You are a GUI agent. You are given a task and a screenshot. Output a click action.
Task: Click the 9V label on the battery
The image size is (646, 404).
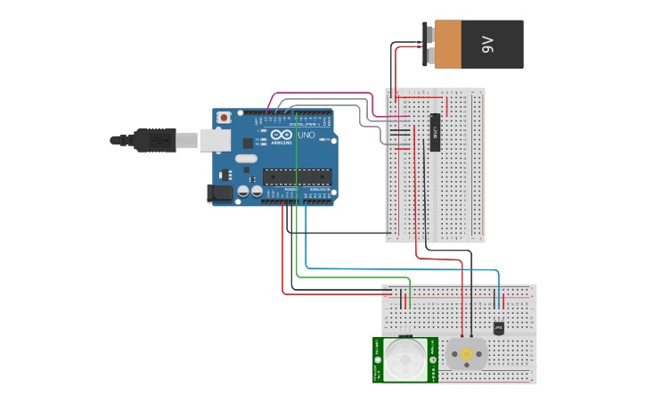point(487,44)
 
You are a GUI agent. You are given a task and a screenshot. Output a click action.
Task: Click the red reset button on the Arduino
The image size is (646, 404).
point(223,117)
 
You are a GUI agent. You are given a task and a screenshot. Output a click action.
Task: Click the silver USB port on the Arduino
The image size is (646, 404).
point(214,139)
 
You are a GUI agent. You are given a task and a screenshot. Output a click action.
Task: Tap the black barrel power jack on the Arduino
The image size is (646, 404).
point(219,193)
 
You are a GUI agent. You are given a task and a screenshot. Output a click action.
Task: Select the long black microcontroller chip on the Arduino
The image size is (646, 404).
point(297,177)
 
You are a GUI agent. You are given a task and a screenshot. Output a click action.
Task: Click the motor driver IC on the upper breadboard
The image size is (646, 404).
point(435,132)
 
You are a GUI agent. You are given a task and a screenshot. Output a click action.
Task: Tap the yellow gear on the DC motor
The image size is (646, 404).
point(467,355)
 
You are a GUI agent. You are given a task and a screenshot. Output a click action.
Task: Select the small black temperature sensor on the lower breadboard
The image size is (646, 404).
point(498,328)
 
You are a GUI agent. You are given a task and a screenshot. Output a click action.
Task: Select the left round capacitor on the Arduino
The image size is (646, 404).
point(241,191)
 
